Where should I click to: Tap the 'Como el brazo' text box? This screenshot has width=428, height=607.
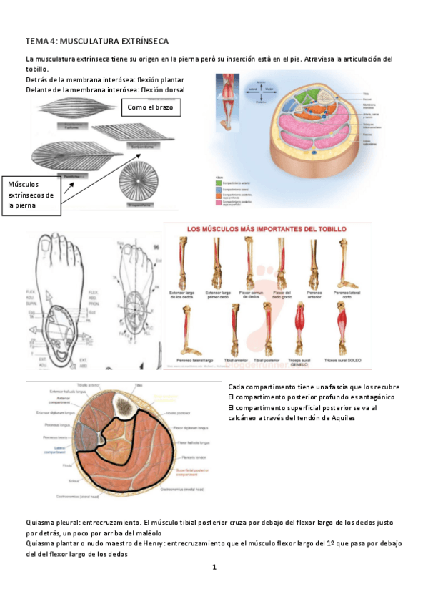151,107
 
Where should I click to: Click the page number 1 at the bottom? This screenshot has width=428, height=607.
214,568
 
